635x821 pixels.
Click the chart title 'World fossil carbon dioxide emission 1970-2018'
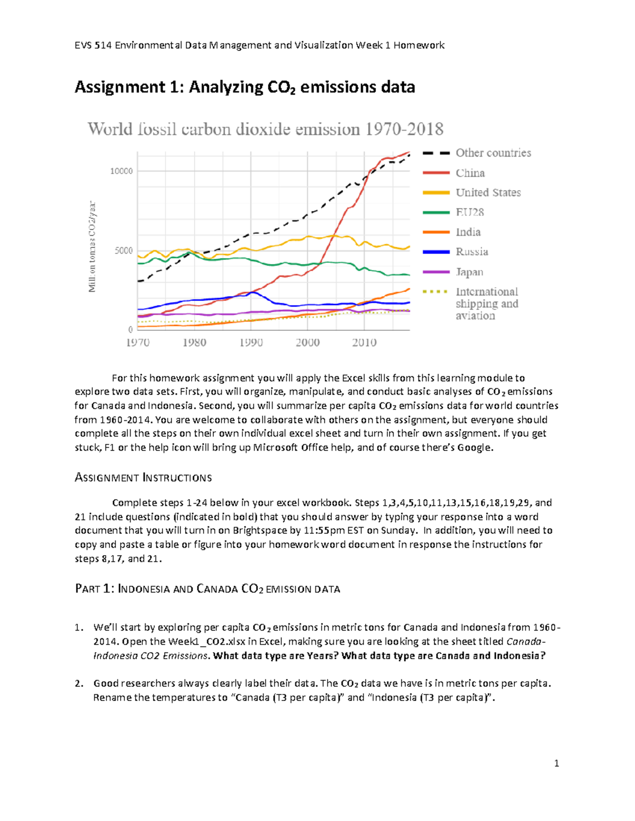[265, 129]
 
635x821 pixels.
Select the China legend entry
[470, 173]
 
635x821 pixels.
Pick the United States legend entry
[488, 192]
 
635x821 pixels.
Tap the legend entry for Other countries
[493, 153]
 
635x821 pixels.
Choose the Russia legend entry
[471, 252]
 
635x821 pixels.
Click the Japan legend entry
[469, 272]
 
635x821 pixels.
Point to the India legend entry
[468, 232]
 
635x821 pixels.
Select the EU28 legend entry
[469, 212]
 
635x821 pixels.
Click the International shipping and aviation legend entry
[486, 303]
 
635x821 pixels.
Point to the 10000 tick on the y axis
[121, 171]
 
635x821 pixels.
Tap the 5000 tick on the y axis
[124, 251]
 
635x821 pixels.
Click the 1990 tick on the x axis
[251, 343]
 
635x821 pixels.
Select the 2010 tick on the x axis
[364, 343]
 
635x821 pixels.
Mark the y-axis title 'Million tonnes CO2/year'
[92, 246]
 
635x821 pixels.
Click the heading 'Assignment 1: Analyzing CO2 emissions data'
[244, 87]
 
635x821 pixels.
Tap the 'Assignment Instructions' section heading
[143, 478]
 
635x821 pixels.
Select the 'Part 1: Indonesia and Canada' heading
[207, 589]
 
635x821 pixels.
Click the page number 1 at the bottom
[556, 763]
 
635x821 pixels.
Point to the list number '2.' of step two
[79, 683]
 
